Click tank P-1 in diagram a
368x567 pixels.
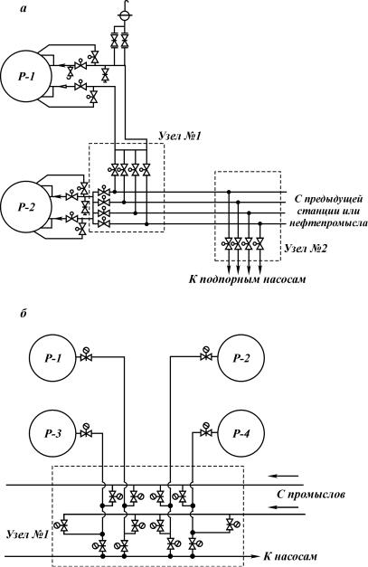(25, 76)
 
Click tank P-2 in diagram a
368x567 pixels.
(25, 207)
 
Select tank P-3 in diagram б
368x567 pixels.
(52, 433)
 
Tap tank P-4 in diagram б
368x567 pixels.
(241, 433)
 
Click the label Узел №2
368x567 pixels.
(306, 249)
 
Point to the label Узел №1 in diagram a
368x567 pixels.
(180, 137)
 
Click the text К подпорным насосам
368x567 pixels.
(247, 279)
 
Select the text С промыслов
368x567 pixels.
(310, 495)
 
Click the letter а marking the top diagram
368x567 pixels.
(24, 10)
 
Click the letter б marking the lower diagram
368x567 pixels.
(24, 314)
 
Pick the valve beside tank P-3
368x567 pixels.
(86, 431)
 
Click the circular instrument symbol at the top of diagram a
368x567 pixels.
(125, 15)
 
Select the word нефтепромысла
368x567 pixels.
(328, 223)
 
